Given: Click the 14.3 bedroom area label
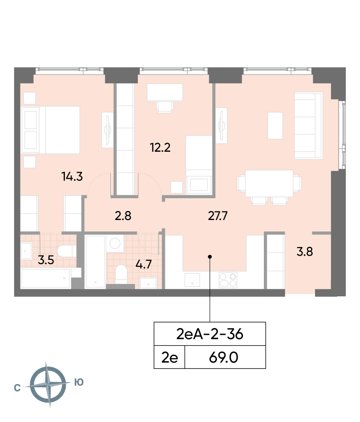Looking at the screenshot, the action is (72, 176).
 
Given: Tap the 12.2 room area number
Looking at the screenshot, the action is (160, 147).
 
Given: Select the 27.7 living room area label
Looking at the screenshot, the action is (218, 216).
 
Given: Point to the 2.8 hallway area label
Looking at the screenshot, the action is (123, 216).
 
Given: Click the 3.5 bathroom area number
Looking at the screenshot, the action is (46, 260).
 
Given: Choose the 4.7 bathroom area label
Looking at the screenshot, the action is (144, 265).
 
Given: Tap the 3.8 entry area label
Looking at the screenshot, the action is (305, 252).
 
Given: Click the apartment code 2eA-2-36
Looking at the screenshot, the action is (210, 334).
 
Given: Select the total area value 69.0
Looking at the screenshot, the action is (224, 358).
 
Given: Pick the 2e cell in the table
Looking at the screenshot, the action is (170, 358).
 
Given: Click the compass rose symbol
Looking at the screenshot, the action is (48, 384).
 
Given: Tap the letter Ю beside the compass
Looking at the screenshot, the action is (79, 382).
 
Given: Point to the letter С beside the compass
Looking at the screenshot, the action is (17, 388).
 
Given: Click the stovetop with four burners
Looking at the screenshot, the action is (228, 280).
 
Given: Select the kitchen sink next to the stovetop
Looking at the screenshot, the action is (192, 280).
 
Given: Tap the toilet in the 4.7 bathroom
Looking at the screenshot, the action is (121, 274).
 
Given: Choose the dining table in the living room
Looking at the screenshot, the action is (269, 183).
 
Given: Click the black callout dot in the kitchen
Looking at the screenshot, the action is (210, 257).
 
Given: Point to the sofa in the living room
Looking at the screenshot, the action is (308, 126).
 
